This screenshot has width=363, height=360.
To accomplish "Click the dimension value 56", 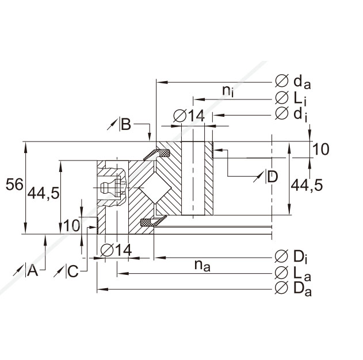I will [x=14, y=185].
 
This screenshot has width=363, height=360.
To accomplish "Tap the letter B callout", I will [x=125, y=124].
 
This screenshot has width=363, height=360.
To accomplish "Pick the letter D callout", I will [x=272, y=177].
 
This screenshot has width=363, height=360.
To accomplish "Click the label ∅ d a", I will [x=293, y=83].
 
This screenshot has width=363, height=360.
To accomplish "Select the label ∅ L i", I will [x=293, y=98].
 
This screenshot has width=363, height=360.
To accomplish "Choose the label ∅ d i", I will [x=292, y=114].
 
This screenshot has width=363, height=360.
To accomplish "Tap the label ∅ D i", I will [x=293, y=256].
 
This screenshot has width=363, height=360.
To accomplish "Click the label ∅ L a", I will [x=293, y=272].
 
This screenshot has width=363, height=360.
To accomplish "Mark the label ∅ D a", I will [x=294, y=288].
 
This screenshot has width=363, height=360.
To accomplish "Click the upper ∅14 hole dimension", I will [x=189, y=116].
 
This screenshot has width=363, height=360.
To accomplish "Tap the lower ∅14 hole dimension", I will [x=116, y=250].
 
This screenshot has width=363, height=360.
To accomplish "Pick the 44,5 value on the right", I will [x=307, y=185].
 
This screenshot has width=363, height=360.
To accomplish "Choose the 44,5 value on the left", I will [x=43, y=193].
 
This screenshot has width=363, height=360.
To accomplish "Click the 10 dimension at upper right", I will [x=321, y=150].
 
